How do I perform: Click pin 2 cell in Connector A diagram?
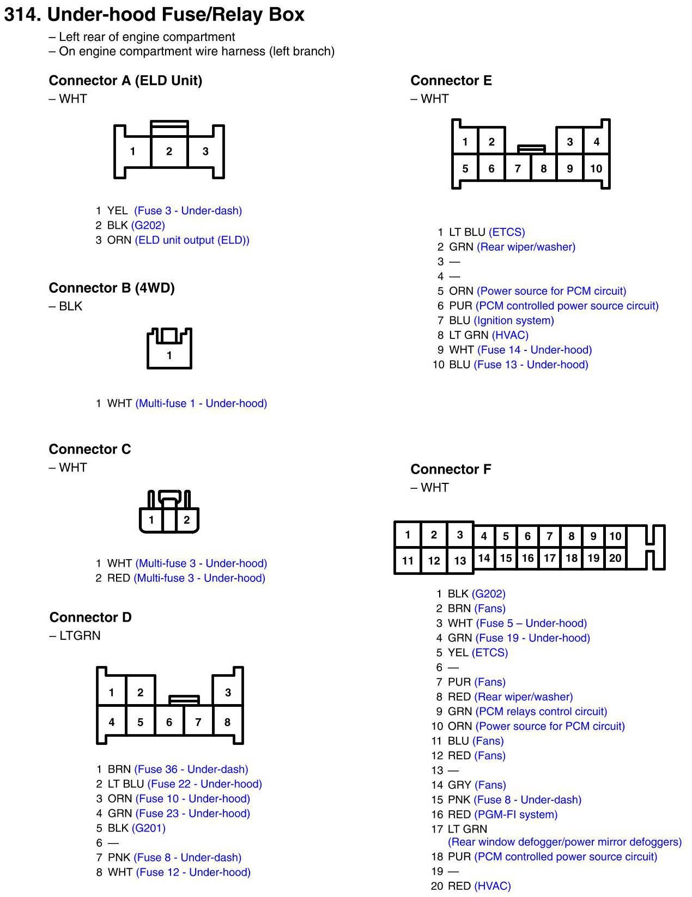click(169, 151)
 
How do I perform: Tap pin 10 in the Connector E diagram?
click(596, 168)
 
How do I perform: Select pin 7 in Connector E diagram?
click(518, 168)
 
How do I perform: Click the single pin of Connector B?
click(169, 355)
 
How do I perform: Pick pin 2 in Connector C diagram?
click(186, 520)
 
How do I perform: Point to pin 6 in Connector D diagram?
click(169, 722)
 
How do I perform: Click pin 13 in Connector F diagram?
click(460, 560)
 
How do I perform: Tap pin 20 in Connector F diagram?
click(615, 558)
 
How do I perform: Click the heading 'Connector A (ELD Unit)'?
click(125, 81)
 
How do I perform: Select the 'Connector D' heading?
click(90, 617)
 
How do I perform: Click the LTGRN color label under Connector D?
click(80, 635)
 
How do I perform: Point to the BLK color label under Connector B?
click(70, 306)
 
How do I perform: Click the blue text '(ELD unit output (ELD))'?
click(192, 240)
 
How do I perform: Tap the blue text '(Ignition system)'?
click(514, 320)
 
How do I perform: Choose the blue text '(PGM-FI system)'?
click(516, 814)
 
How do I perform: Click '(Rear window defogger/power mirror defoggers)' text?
click(564, 842)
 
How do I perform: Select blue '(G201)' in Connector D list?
click(149, 828)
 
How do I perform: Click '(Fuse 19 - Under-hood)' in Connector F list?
click(533, 638)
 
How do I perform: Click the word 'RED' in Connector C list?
click(118, 578)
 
